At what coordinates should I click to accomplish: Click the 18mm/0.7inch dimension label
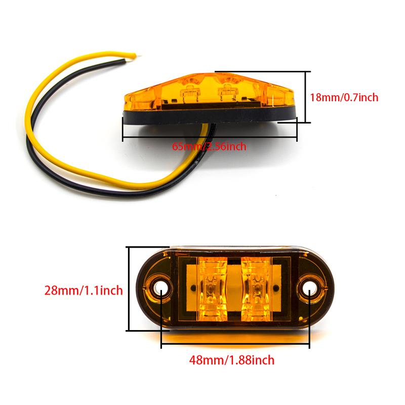coord(344,97)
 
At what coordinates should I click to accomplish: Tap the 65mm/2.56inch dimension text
coord(209,146)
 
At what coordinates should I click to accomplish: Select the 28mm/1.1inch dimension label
coord(84,290)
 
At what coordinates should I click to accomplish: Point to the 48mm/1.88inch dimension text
coord(232,360)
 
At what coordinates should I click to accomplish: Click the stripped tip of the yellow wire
coord(138,55)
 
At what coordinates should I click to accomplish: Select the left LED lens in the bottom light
coord(212,289)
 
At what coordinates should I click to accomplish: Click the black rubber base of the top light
coord(209,115)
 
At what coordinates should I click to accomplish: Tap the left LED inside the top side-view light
coord(191,92)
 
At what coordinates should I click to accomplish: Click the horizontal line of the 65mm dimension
coord(210,137)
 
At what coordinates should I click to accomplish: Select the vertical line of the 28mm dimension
coord(129,289)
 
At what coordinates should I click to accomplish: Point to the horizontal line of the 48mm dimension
coord(235,344)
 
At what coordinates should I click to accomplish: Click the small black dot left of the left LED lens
coord(193,288)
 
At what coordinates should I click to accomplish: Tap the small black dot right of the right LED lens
coord(276,288)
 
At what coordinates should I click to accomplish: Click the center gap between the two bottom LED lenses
coord(234,289)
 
